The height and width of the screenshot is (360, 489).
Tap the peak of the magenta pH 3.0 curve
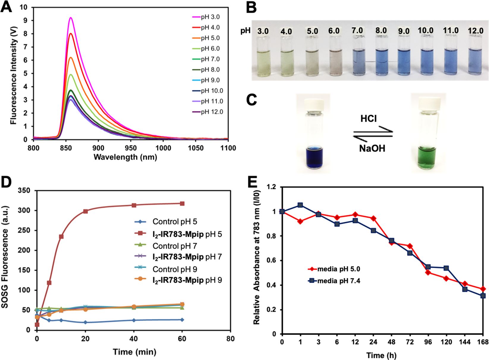pyautogui.click(x=71, y=18)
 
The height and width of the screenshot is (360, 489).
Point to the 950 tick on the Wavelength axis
pyautogui.click(x=131, y=148)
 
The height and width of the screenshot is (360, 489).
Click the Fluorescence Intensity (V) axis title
pyautogui.click(x=13, y=75)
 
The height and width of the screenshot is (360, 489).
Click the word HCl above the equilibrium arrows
pyautogui.click(x=369, y=119)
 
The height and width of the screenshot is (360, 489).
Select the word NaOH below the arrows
pyautogui.click(x=372, y=148)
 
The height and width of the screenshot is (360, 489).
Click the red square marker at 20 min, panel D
pyautogui.click(x=85, y=211)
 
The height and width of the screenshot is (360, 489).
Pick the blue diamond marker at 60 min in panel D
pyautogui.click(x=182, y=320)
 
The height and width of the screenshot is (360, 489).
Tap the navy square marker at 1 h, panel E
pyautogui.click(x=300, y=205)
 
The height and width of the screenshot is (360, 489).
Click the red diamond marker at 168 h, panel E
pyautogui.click(x=483, y=289)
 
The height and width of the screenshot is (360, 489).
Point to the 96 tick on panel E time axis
pyautogui.click(x=428, y=342)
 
